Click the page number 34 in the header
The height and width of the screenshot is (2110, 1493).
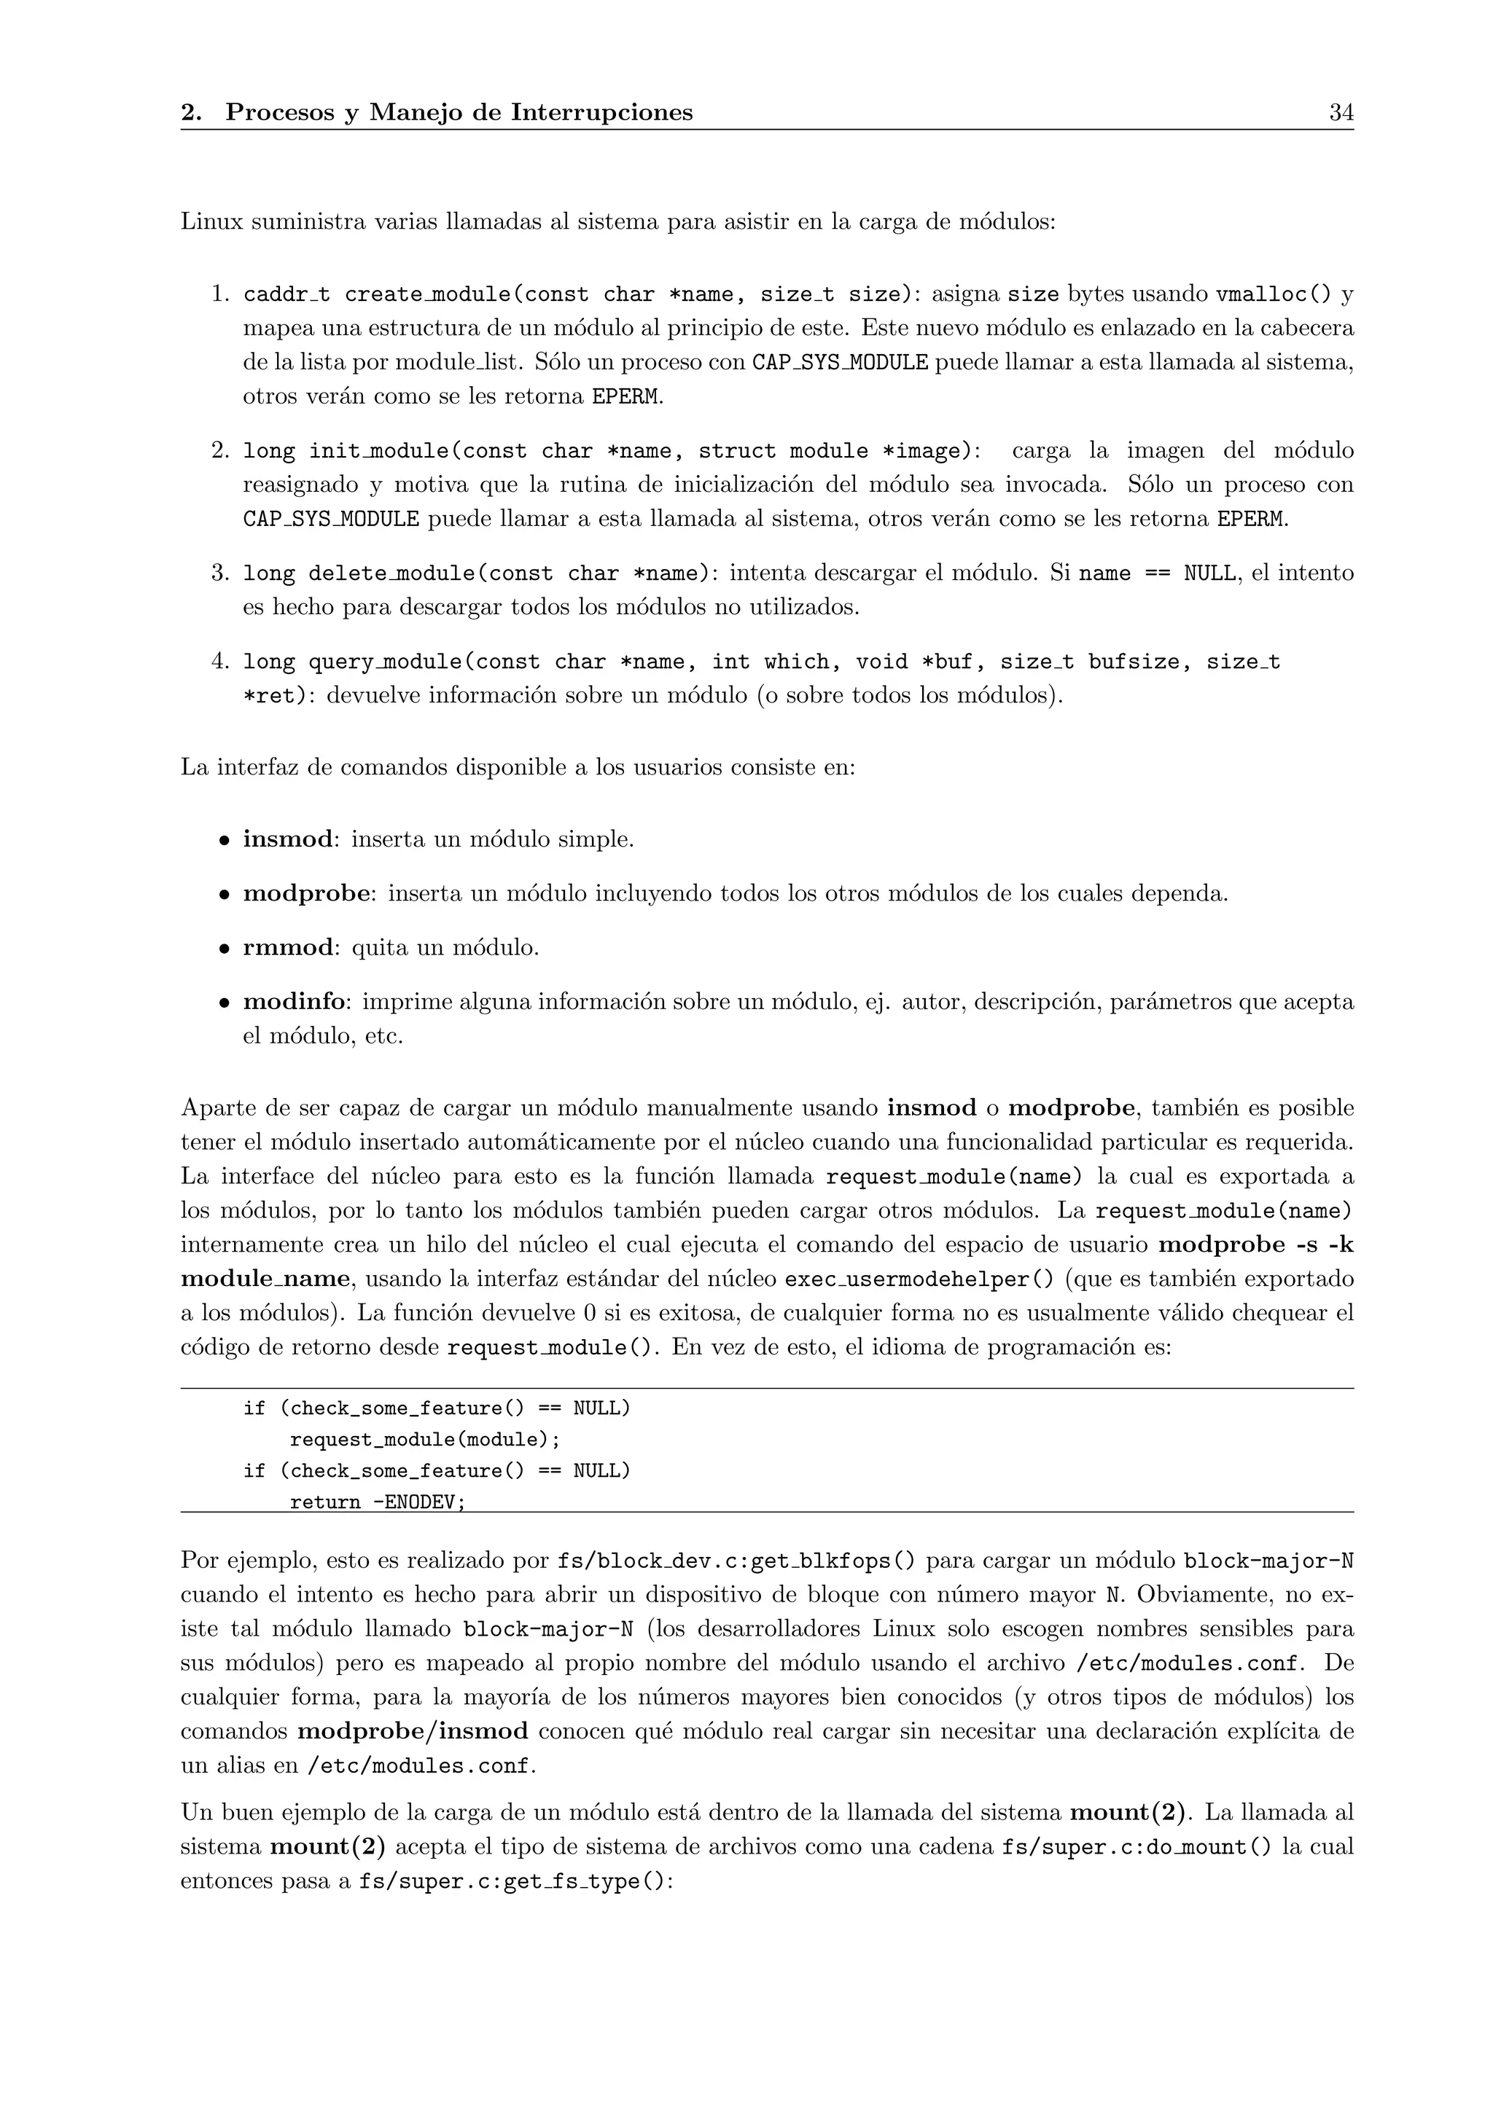(x=1341, y=113)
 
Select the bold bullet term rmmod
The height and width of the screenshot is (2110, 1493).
(x=288, y=947)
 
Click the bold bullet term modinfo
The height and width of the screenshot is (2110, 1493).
(x=295, y=1002)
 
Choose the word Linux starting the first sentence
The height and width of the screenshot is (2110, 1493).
(x=210, y=222)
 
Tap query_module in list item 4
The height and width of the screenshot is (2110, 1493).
(x=384, y=662)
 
